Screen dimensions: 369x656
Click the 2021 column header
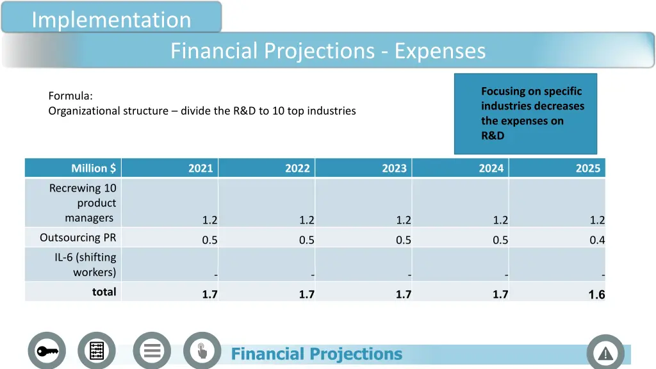pos(201,168)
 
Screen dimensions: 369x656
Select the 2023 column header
pos(394,168)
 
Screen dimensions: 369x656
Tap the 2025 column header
pos(587,168)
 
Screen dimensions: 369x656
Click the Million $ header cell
pos(94,168)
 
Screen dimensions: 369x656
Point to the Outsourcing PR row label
pos(78,237)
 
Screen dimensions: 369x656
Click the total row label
pos(104,291)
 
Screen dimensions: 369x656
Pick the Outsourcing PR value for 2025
pos(597,240)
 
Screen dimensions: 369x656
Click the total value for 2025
pos(596,295)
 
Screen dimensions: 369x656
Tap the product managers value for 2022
pos(306,220)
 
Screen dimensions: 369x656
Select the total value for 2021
pos(209,295)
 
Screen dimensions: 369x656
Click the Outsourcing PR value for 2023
pos(403,240)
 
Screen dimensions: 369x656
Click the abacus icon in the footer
pos(97,351)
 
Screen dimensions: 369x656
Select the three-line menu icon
pos(152,351)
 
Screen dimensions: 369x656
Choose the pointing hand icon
pos(202,351)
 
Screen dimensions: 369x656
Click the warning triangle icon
pos(605,353)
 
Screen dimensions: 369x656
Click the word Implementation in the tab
pos(111,20)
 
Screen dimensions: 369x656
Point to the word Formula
pos(70,96)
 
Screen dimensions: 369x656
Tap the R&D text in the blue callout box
pos(493,135)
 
